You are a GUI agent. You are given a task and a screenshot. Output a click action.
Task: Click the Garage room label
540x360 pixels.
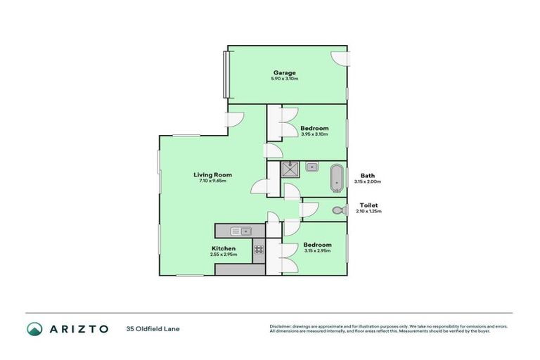pos(284,72)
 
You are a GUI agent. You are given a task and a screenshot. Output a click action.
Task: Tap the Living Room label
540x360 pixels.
pos(213,174)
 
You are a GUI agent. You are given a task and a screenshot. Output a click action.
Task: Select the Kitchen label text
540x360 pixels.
pos(224,247)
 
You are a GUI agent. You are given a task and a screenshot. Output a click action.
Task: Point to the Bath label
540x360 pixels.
pos(367,175)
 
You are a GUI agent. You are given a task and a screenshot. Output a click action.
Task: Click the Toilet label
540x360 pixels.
pos(369,205)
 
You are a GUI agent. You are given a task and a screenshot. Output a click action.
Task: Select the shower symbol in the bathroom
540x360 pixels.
pos(289,168)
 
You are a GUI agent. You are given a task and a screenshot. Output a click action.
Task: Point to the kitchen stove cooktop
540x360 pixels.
pos(259,247)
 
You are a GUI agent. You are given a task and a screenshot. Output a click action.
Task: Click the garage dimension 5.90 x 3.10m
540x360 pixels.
pos(284,79)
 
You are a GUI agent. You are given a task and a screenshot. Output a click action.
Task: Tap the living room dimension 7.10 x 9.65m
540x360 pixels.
pos(213,181)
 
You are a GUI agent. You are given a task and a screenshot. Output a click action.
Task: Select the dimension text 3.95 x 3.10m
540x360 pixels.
pos(314,134)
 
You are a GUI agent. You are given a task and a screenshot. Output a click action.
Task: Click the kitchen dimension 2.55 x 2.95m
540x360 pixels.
pos(224,254)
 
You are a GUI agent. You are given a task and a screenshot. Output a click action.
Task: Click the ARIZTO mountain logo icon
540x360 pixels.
pos(34,328)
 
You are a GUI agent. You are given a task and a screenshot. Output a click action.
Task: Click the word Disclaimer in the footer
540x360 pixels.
pos(281,326)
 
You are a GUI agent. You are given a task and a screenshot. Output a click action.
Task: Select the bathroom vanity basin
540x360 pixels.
pos(313,167)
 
